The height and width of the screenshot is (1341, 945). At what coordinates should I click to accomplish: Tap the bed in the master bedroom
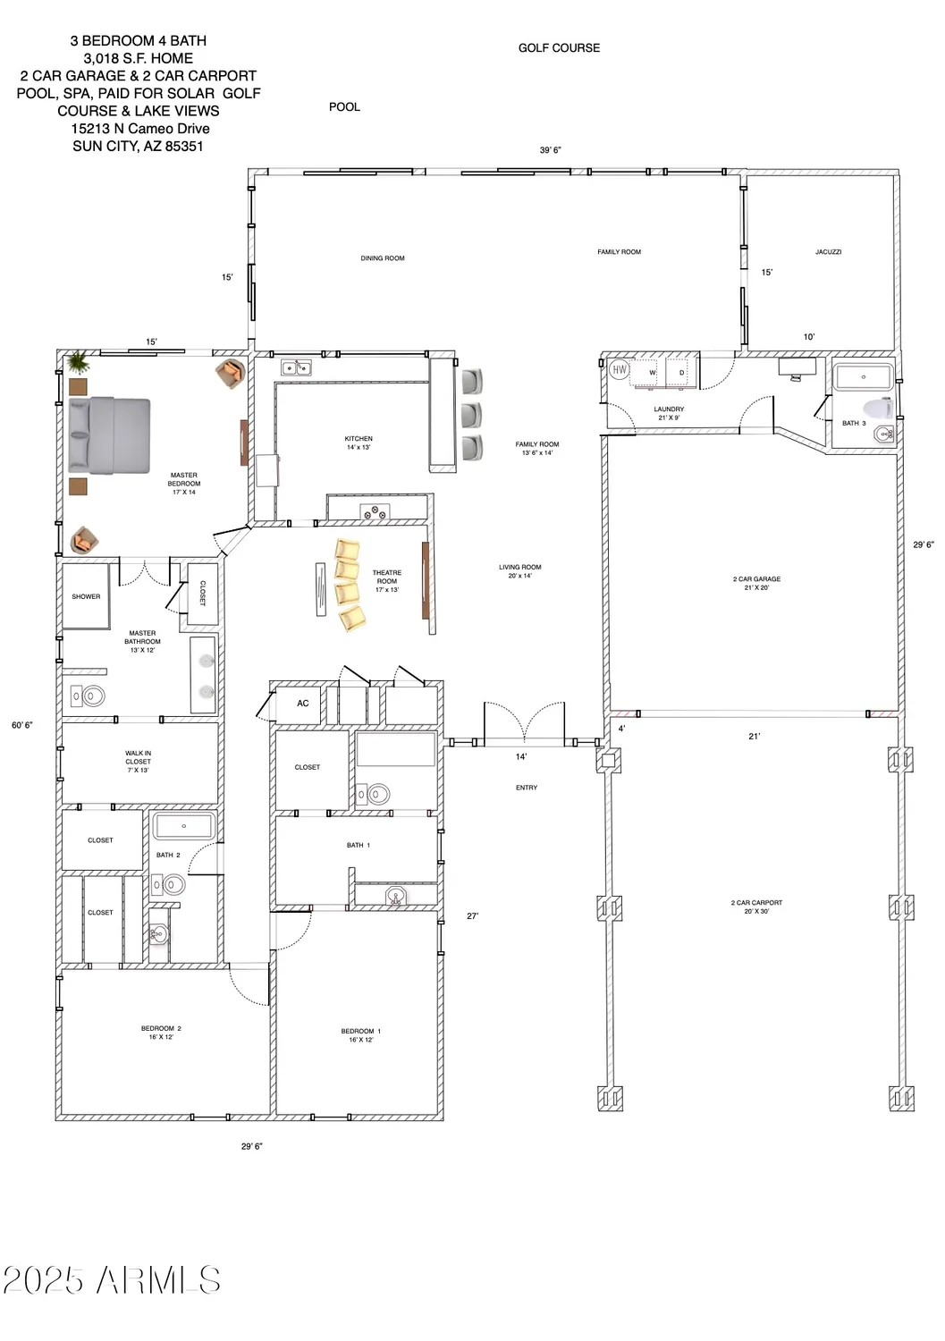click(109, 434)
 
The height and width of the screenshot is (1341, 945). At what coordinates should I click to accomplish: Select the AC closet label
click(303, 704)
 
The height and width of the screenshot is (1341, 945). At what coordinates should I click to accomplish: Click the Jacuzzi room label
click(828, 252)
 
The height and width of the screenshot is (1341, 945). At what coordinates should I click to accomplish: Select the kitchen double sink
click(296, 367)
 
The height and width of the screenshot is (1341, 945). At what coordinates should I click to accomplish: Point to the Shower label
click(86, 596)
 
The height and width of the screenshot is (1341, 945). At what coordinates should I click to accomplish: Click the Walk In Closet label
click(138, 762)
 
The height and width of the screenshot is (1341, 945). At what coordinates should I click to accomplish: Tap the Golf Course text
click(559, 48)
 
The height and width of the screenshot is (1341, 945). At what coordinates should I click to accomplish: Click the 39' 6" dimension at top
click(550, 150)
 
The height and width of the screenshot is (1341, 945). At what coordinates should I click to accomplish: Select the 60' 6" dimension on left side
click(22, 725)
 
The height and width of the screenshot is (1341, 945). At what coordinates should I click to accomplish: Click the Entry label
click(527, 788)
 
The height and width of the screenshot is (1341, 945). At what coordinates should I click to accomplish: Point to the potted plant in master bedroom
click(78, 362)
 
